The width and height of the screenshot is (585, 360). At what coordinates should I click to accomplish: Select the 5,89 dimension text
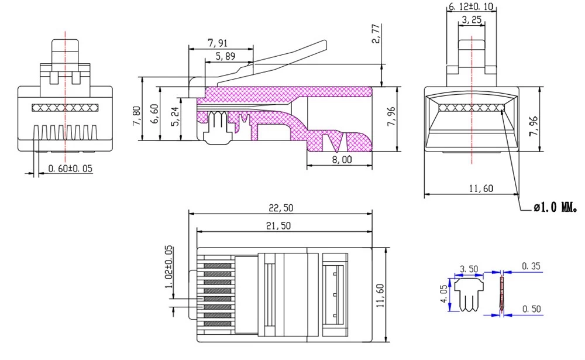click(226, 56)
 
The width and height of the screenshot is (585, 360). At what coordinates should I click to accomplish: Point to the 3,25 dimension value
click(472, 20)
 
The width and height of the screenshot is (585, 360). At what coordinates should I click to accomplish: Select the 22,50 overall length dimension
click(280, 208)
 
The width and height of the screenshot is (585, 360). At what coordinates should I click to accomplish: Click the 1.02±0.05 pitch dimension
click(169, 266)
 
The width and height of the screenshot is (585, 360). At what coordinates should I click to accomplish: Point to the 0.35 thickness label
click(531, 266)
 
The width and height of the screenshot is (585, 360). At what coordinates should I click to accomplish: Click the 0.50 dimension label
click(531, 308)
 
